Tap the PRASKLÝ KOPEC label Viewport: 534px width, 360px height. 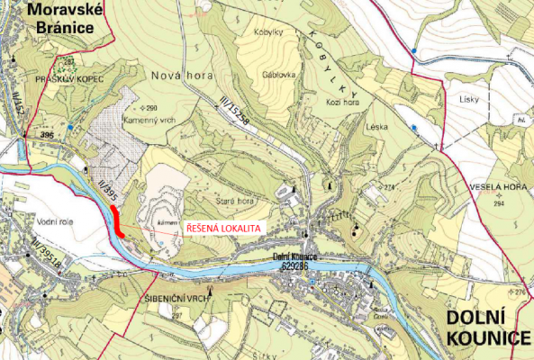65,80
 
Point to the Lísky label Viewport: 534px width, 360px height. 466,99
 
